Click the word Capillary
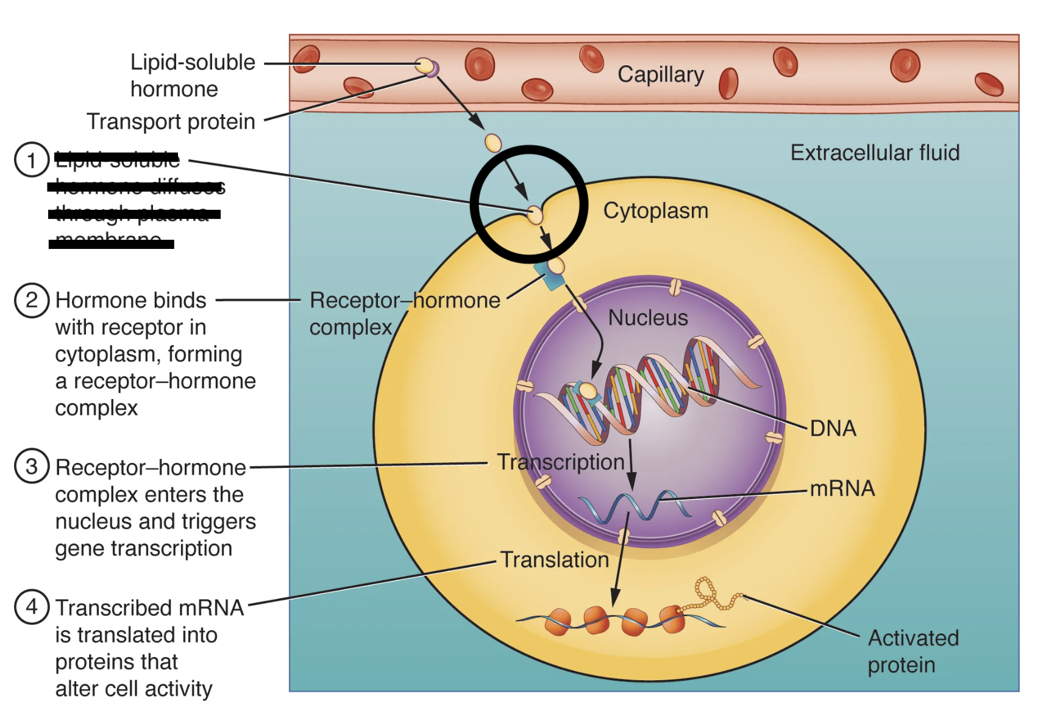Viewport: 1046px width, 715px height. [x=661, y=74]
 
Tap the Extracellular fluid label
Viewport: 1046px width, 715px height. [x=874, y=153]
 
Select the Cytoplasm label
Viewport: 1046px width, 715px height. [x=655, y=211]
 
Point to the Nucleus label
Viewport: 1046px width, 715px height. [x=647, y=318]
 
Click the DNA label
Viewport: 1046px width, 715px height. [x=833, y=428]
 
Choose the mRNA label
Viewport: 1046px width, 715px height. [x=842, y=488]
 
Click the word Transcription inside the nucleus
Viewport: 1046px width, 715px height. [x=560, y=462]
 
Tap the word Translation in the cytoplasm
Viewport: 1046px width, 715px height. [x=554, y=560]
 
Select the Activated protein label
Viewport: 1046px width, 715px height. [x=912, y=651]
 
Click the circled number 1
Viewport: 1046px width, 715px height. [x=31, y=160]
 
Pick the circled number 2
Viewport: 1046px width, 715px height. [x=31, y=300]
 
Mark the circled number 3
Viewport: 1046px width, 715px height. [x=31, y=467]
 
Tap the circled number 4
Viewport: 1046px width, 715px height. [x=31, y=607]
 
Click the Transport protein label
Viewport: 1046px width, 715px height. [x=171, y=121]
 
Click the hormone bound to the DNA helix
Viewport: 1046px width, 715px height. [x=588, y=391]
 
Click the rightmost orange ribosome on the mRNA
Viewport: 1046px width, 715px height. [x=673, y=619]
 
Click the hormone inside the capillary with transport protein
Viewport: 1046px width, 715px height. [x=424, y=65]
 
